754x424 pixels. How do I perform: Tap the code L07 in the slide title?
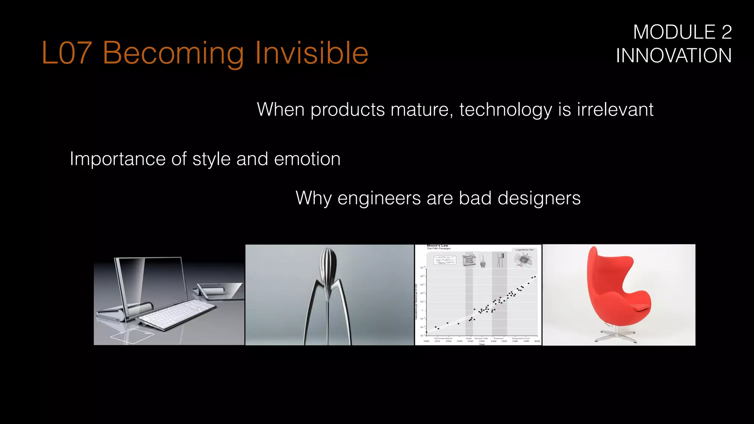coord(66,53)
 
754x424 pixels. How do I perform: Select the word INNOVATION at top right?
coord(674,56)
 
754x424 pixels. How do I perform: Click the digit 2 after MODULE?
coord(726,32)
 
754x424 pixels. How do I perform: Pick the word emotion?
coord(307,159)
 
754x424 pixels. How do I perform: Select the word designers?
coord(539,198)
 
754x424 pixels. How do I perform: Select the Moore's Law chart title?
coord(437,245)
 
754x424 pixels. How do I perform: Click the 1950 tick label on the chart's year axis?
coord(482,341)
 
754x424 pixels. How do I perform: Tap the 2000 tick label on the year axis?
coord(537,341)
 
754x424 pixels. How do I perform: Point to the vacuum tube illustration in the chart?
coord(483,259)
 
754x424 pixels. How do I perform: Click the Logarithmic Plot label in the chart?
coord(524,250)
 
